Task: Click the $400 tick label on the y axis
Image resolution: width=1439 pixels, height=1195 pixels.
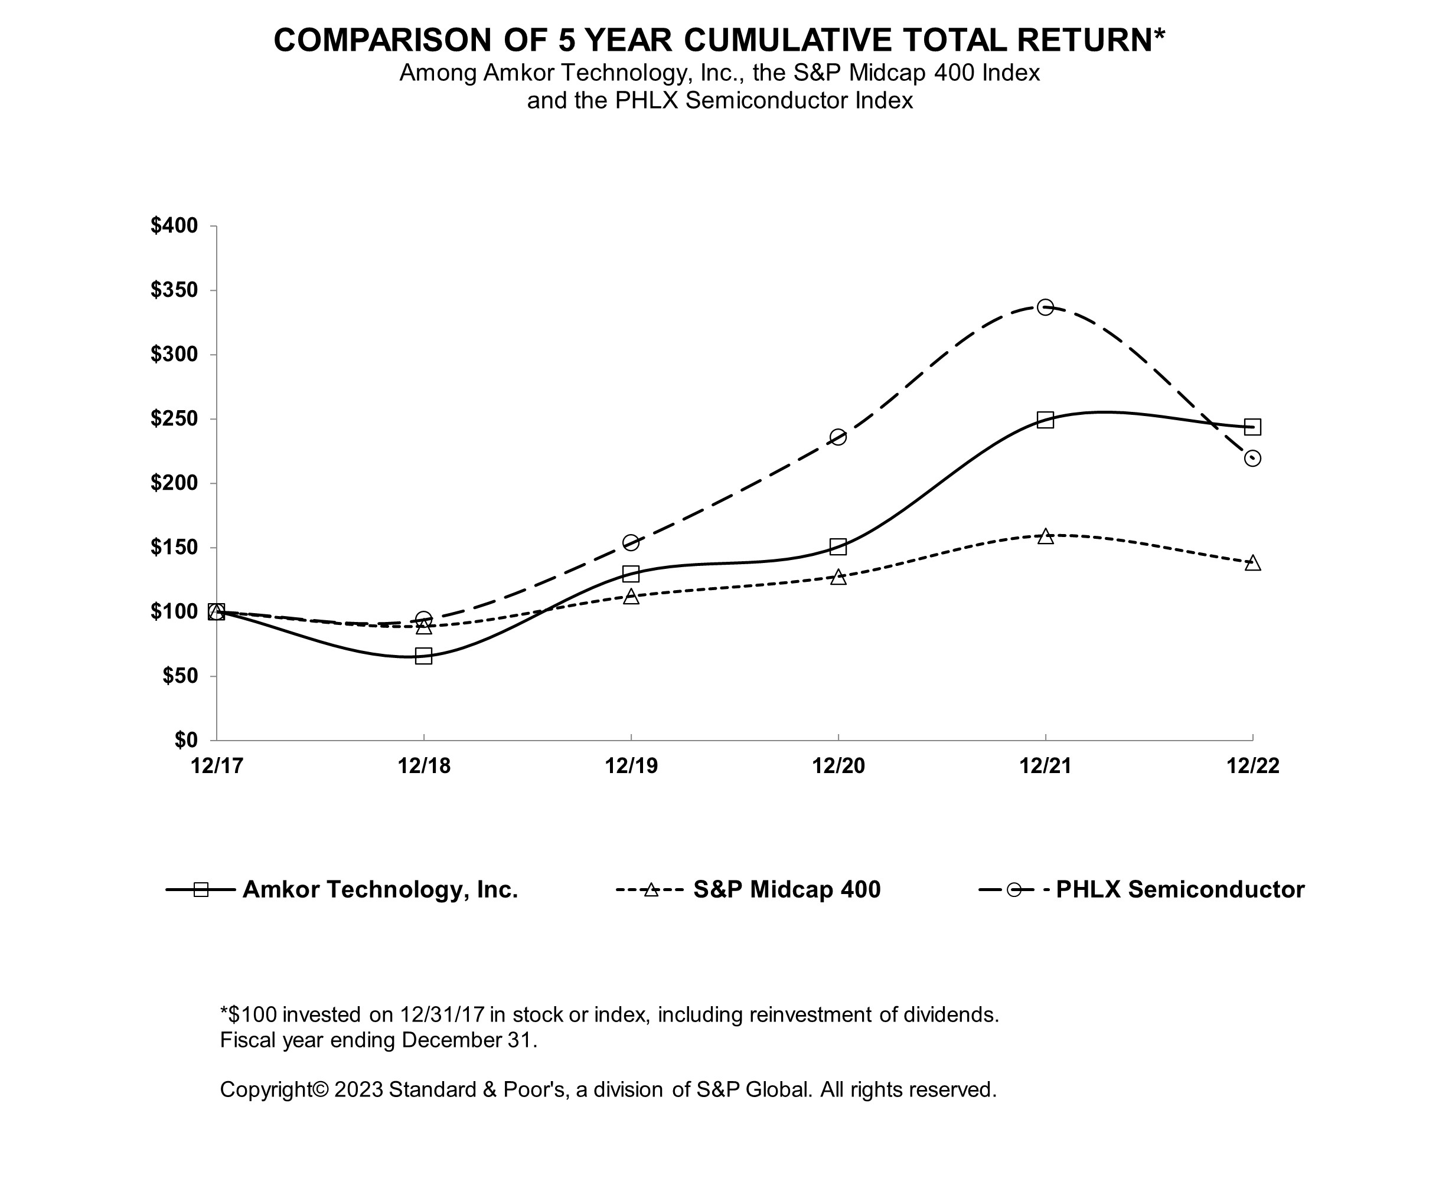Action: (174, 225)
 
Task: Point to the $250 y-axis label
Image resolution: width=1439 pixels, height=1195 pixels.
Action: (174, 418)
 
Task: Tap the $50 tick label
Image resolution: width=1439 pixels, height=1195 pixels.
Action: (180, 676)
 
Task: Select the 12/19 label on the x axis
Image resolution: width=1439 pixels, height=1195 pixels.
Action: (631, 765)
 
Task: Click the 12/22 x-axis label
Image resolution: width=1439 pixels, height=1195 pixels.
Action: (1252, 765)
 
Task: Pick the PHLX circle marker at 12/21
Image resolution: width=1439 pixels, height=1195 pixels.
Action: (1045, 307)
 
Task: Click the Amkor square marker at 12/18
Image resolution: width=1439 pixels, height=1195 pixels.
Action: (423, 656)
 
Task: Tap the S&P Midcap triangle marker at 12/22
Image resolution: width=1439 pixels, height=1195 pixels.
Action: (1252, 563)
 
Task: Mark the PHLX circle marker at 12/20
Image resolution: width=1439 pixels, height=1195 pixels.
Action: (837, 437)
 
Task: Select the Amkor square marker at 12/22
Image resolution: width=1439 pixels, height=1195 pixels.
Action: (1252, 427)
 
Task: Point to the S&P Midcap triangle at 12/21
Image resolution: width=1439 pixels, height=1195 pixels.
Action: (1045, 535)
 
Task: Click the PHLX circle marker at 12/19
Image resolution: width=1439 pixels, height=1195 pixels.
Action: (631, 543)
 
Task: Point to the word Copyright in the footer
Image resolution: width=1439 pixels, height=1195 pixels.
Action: (266, 1089)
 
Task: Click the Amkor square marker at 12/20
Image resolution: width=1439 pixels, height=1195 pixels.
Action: (837, 546)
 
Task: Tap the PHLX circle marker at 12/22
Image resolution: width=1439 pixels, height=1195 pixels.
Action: (1252, 458)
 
